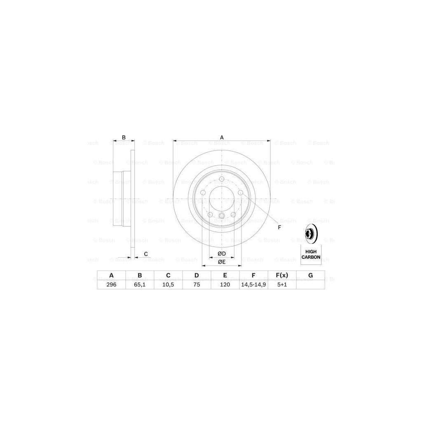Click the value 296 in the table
pyautogui.click(x=111, y=284)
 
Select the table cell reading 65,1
pyautogui.click(x=140, y=284)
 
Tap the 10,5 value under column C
pyautogui.click(x=168, y=284)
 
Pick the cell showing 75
pyautogui.click(x=197, y=284)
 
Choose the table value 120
pyautogui.click(x=225, y=284)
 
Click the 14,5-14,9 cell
pyautogui.click(x=253, y=284)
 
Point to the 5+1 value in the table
pyautogui.click(x=282, y=284)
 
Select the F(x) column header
pyautogui.click(x=282, y=275)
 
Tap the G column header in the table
pyautogui.click(x=311, y=275)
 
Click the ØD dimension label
pyautogui.click(x=221, y=253)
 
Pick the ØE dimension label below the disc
pyautogui.click(x=221, y=262)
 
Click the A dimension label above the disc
pyautogui.click(x=222, y=137)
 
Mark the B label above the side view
pyautogui.click(x=123, y=137)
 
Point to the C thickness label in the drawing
pyautogui.click(x=145, y=253)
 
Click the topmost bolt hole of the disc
pyautogui.click(x=222, y=179)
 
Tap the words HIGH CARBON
pyautogui.click(x=311, y=254)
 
